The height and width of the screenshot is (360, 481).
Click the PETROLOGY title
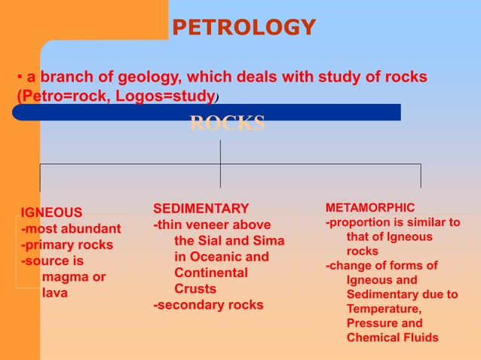pyautogui.click(x=244, y=28)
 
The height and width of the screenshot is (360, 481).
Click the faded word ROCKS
pyautogui.click(x=227, y=124)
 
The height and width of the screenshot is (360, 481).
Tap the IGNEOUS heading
pyautogui.click(x=51, y=212)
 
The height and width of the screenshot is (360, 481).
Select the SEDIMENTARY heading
pyautogui.click(x=201, y=209)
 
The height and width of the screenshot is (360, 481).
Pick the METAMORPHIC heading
pyautogui.click(x=369, y=207)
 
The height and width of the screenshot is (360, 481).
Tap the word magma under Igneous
pyautogui.click(x=73, y=277)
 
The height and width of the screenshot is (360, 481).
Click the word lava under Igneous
pyautogui.click(x=55, y=293)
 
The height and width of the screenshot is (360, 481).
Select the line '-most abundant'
pyautogui.click(x=71, y=229)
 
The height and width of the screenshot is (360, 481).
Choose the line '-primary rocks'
pyautogui.click(x=67, y=245)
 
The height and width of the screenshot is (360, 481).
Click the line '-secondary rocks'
pyautogui.click(x=209, y=305)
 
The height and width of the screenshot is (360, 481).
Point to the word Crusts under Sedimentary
pyautogui.click(x=195, y=288)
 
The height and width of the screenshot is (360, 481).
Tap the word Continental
pyautogui.click(x=210, y=273)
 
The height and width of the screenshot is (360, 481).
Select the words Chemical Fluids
pyautogui.click(x=392, y=337)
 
